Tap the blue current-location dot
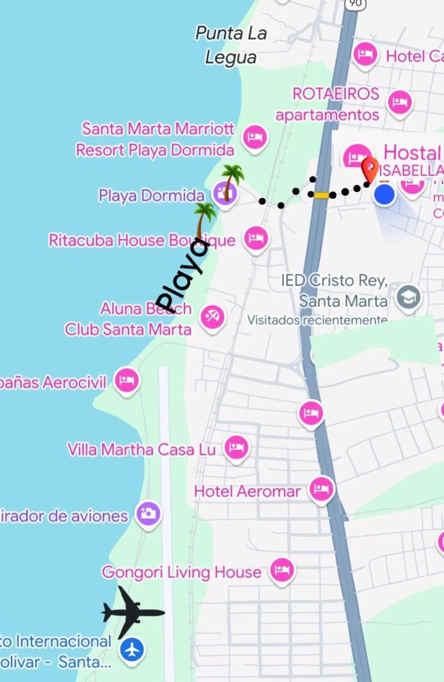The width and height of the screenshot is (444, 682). coord(384,195)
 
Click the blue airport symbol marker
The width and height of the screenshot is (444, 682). coord(132,650)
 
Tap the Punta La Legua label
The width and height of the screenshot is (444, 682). coord(231,45)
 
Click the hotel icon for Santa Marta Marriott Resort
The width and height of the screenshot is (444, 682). coord(255,137)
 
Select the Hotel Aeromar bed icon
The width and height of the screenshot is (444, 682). coord(321,489)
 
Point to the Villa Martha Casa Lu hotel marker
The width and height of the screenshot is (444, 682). coord(236,448)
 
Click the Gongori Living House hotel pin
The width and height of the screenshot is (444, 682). coord(282,570)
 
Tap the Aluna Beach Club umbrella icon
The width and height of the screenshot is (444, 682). coord(212,317)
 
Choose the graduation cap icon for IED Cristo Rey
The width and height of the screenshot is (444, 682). coord(408,298)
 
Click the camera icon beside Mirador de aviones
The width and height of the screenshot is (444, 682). coord(148,514)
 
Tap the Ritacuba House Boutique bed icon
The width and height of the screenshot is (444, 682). coord(256,238)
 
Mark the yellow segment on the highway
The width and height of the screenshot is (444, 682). coord(322,195)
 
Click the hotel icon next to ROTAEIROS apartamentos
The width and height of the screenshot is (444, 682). coord(400,102)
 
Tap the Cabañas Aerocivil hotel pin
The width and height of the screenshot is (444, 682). coord(127,380)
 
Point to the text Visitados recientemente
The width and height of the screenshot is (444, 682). coord(317,320)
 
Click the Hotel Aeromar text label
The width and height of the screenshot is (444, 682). coord(247,491)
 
